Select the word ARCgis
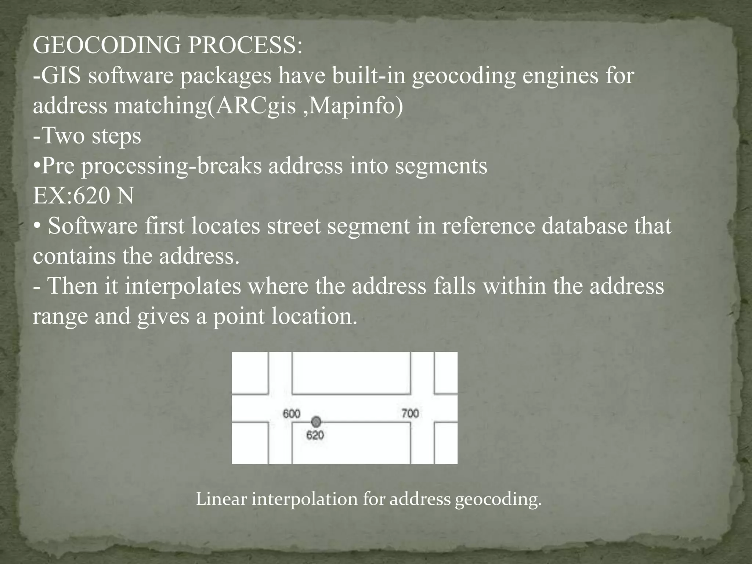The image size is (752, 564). [x=255, y=106]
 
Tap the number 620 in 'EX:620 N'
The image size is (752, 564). [x=91, y=196]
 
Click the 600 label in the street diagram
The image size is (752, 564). [x=291, y=414]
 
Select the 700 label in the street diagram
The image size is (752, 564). [x=410, y=414]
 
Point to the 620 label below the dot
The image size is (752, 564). [x=315, y=435]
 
